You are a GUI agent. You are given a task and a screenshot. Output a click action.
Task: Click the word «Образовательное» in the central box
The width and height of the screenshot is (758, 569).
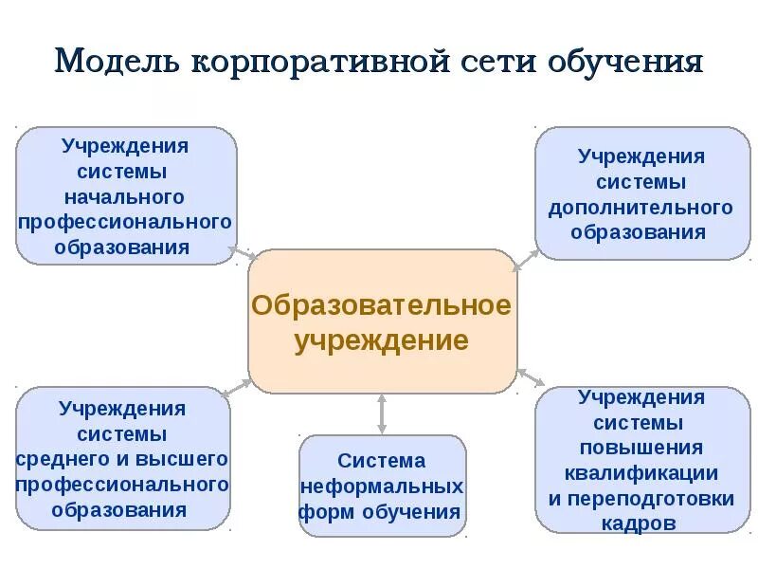click(382, 305)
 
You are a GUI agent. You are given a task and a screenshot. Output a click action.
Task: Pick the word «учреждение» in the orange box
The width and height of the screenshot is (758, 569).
click(382, 340)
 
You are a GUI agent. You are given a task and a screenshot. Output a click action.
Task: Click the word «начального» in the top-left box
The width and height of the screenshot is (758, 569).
click(123, 197)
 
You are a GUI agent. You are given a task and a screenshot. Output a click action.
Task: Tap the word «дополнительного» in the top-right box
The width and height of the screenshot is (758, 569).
click(641, 207)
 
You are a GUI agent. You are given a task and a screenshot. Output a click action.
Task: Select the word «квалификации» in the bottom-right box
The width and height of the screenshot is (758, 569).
click(641, 472)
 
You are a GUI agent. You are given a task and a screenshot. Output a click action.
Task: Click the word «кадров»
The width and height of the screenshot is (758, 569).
click(641, 523)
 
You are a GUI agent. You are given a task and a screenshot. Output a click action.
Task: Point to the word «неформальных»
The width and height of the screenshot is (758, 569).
click(382, 486)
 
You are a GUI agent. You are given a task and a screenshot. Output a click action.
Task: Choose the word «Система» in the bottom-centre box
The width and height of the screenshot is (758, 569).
click(382, 461)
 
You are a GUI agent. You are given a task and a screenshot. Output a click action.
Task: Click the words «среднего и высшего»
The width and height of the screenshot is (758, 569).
click(123, 459)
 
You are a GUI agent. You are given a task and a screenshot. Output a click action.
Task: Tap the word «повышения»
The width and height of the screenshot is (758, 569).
click(641, 448)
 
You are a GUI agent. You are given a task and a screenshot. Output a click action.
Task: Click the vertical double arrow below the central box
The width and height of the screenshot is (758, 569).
click(382, 414)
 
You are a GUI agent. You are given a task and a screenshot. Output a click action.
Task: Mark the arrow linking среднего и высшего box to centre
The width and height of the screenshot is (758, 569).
click(236, 386)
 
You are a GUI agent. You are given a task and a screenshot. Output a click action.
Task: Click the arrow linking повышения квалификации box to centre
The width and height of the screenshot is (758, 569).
click(531, 377)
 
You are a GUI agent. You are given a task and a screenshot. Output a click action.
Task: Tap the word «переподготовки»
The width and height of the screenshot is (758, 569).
click(641, 498)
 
